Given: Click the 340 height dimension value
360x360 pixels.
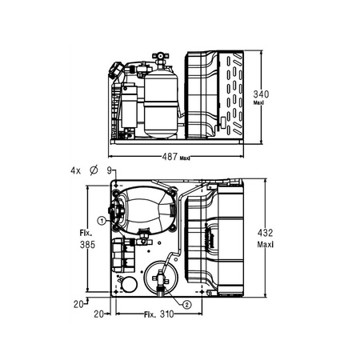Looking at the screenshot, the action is click(x=261, y=94).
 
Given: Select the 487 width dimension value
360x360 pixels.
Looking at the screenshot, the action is click(x=170, y=156).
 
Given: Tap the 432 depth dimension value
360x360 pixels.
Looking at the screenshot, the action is click(x=266, y=233).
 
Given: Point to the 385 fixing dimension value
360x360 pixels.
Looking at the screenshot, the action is click(x=87, y=245).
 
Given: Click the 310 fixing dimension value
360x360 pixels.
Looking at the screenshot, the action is click(x=166, y=314).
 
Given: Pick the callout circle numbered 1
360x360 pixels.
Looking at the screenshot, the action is click(x=102, y=221).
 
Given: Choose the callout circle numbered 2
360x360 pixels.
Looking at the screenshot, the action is click(x=186, y=305).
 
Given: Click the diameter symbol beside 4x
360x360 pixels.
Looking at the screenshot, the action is click(x=94, y=170).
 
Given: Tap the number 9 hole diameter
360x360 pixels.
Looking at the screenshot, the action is click(x=110, y=170).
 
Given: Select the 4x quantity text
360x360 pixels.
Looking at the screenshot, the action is click(x=75, y=170).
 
